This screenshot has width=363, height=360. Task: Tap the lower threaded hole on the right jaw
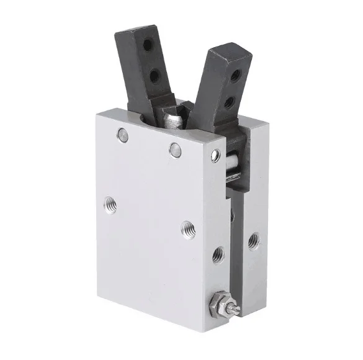(229, 101)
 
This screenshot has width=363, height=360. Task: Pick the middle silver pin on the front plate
(176, 148)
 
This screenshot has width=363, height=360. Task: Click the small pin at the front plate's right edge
(215, 155)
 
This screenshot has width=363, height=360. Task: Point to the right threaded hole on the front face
(187, 228)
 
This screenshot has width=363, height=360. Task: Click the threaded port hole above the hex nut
(217, 253)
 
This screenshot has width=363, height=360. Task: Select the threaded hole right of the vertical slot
(253, 240)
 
